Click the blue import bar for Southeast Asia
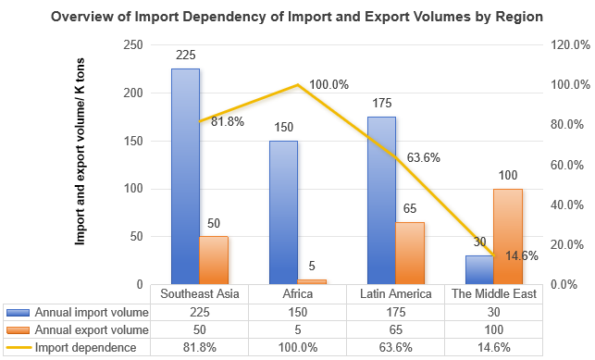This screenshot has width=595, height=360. tap(185, 176)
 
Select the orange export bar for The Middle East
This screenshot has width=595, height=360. tap(508, 236)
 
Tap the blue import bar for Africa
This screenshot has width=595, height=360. tap(283, 212)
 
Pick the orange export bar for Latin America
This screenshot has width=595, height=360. tap(410, 253)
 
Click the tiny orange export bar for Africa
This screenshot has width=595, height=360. tap(312, 281)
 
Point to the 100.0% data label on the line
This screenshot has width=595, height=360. tap(328, 84)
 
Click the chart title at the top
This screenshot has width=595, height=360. tap(296, 17)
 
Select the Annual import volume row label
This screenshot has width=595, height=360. tap(91, 312)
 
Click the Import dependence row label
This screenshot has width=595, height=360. tap(86, 347)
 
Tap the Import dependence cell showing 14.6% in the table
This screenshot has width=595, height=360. tap(493, 347)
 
